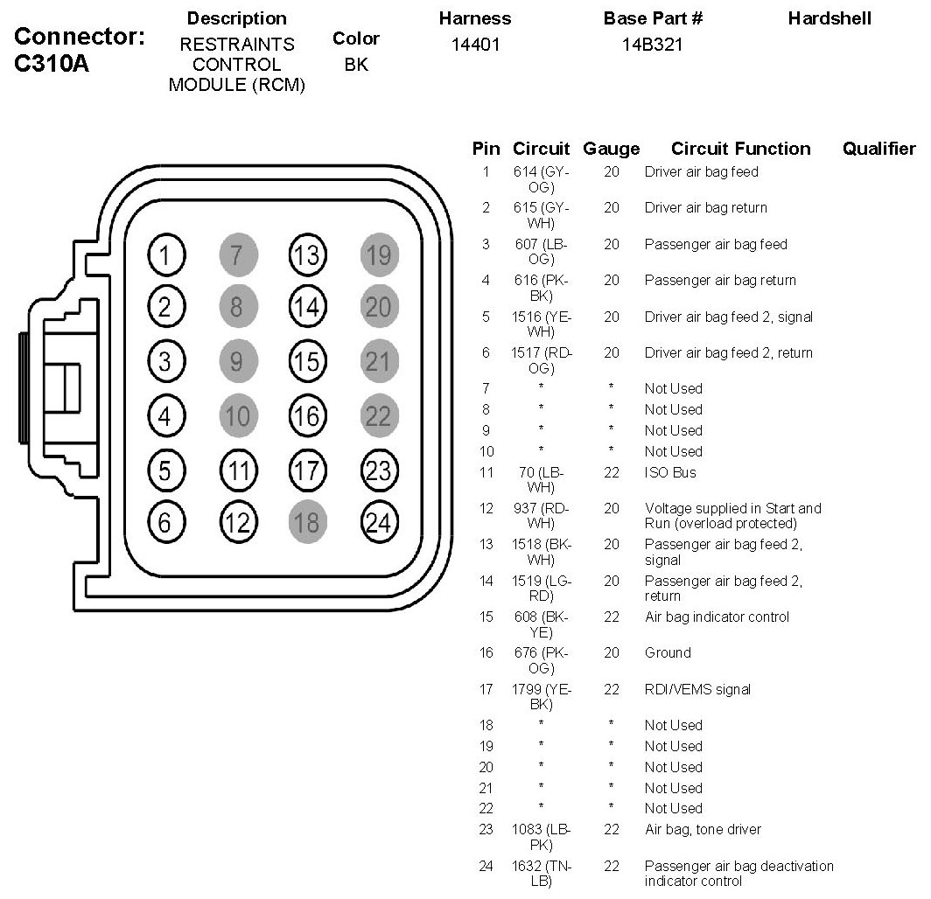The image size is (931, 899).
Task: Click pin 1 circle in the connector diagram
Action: (x=165, y=255)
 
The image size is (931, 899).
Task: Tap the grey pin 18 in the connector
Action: (x=306, y=522)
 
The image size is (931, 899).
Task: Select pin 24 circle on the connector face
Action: (x=377, y=522)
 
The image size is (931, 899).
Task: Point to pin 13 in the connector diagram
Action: (x=306, y=255)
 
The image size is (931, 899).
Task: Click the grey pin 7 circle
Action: (x=236, y=255)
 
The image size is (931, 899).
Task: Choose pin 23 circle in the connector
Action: (x=377, y=470)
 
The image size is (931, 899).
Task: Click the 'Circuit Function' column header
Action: (x=740, y=149)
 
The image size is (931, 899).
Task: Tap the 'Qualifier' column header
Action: (x=878, y=149)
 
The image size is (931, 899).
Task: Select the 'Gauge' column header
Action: (x=611, y=149)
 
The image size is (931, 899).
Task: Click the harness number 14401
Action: (x=475, y=45)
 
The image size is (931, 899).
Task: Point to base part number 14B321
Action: (x=652, y=45)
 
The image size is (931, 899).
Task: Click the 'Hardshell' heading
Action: (x=829, y=18)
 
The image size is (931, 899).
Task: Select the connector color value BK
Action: (x=356, y=65)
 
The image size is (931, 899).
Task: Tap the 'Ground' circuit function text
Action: (x=668, y=652)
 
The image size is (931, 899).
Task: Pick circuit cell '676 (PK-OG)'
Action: (x=542, y=660)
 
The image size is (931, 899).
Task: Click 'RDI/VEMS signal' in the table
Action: (x=697, y=689)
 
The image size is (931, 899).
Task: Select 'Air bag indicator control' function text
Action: (x=717, y=617)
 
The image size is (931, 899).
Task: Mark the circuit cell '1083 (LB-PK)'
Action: (x=542, y=837)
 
